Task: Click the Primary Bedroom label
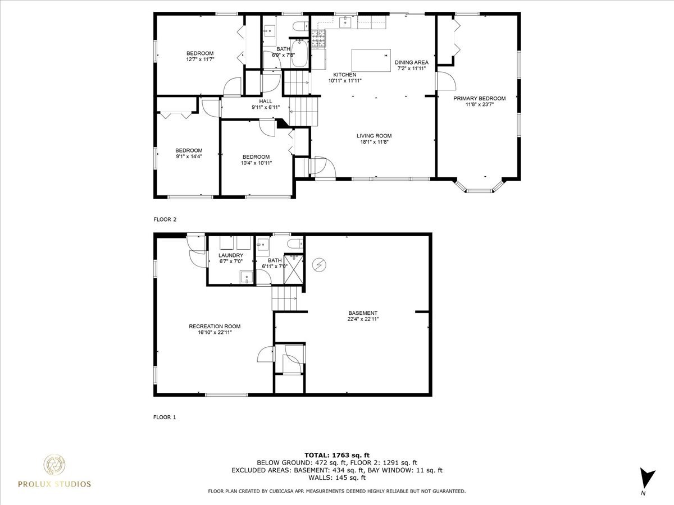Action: [x=479, y=98]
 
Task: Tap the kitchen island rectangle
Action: [x=371, y=61]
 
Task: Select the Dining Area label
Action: [x=411, y=62]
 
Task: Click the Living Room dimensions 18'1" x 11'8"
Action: [x=374, y=142]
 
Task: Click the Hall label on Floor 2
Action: [x=266, y=101]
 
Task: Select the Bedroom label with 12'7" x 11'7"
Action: [x=200, y=53]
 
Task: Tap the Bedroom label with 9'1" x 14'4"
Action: [x=188, y=150]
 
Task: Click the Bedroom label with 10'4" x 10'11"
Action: [x=256, y=157]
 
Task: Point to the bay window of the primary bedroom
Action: [x=479, y=187]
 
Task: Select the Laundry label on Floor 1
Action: [x=231, y=255]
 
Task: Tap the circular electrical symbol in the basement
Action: [x=320, y=265]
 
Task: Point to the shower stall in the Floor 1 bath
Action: [x=293, y=265]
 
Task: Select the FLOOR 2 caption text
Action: [x=165, y=219]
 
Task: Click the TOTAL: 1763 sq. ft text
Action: [x=336, y=454]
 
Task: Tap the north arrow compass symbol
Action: [x=648, y=479]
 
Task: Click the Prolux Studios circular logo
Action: [x=54, y=465]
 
